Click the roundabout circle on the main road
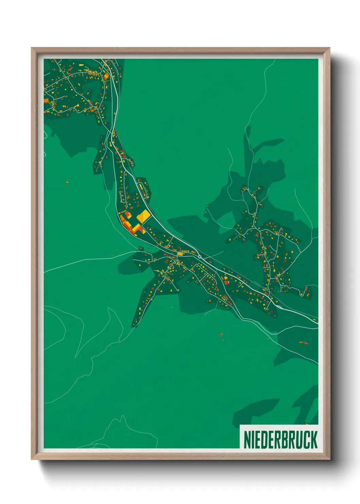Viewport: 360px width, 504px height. (200, 256)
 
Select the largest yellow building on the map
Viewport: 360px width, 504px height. (143, 217)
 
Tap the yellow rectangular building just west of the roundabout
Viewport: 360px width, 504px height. (180, 254)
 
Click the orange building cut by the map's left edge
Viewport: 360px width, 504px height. (46, 100)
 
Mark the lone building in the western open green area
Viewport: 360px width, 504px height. (67, 183)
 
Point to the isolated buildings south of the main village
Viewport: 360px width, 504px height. (222, 335)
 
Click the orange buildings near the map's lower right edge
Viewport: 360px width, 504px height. (303, 342)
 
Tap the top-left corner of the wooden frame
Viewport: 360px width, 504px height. (32, 48)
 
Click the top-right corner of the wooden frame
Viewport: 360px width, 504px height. (329, 48)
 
